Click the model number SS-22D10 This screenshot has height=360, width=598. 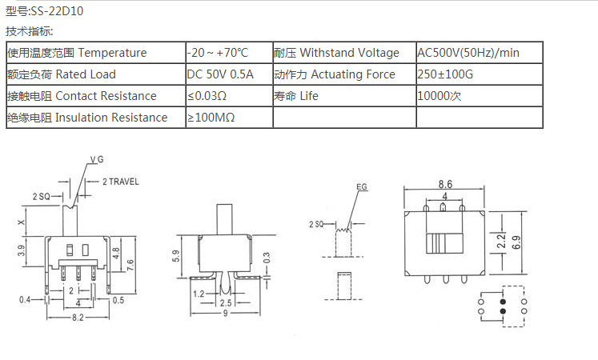57,11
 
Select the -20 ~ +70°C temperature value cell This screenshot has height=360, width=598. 229,53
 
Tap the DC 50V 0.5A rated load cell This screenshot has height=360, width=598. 229,74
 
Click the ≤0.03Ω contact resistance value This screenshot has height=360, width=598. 207,96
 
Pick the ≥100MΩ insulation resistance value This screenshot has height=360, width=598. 211,118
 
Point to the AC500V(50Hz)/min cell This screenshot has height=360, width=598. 479,53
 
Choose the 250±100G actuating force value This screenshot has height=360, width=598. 445,74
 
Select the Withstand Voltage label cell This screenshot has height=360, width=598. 344,53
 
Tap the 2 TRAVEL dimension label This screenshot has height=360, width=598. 121,182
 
